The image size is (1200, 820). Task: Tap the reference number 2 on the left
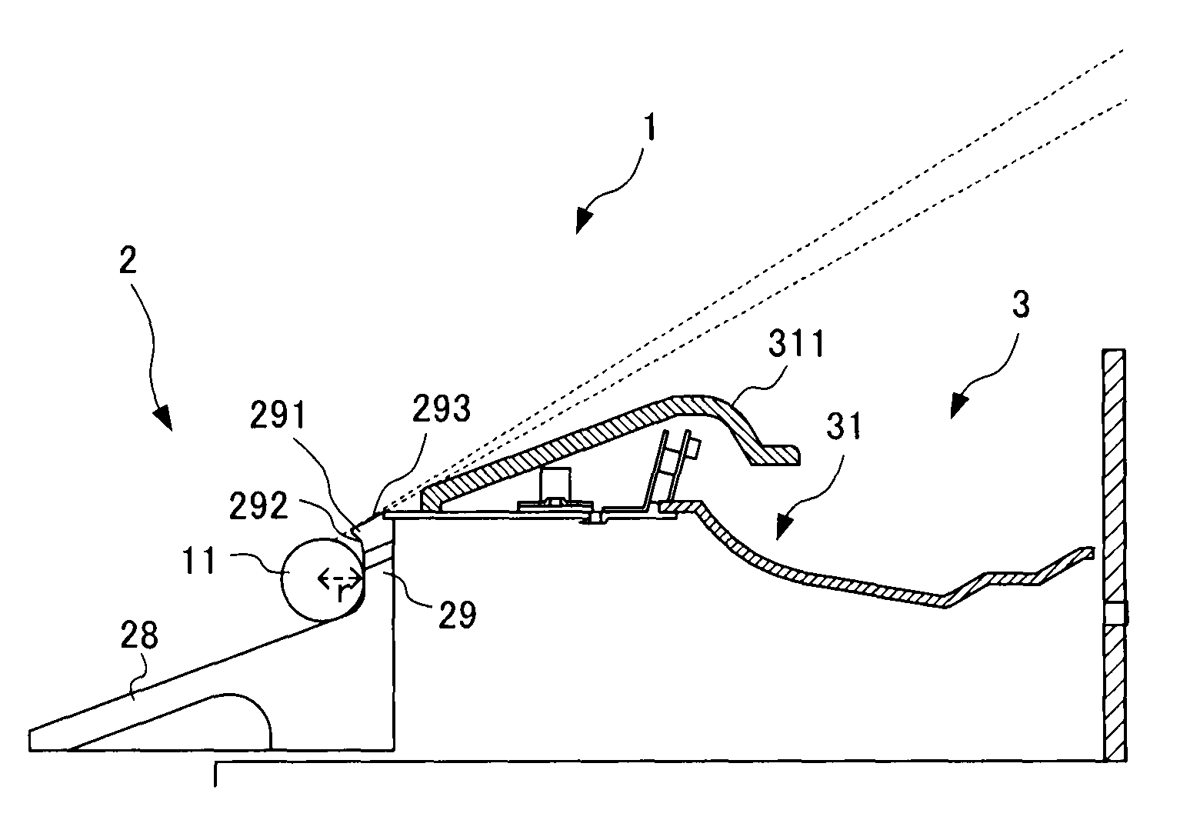tap(128, 260)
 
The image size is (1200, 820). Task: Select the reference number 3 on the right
tap(1021, 304)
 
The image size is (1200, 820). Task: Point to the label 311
tap(797, 343)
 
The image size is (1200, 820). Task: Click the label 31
tap(844, 426)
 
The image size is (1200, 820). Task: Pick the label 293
tap(441, 408)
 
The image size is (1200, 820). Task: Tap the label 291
tap(278, 415)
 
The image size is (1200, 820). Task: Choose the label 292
tap(258, 505)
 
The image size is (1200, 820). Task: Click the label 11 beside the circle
tap(199, 560)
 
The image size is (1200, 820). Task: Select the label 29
tap(457, 615)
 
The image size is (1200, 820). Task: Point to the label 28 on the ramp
tap(139, 635)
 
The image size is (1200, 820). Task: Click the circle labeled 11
tap(324, 579)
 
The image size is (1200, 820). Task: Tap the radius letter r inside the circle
tap(341, 592)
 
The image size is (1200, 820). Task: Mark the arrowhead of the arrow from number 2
tap(163, 418)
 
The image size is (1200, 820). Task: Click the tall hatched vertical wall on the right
tap(1115, 555)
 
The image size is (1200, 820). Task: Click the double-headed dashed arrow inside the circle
tap(340, 578)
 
